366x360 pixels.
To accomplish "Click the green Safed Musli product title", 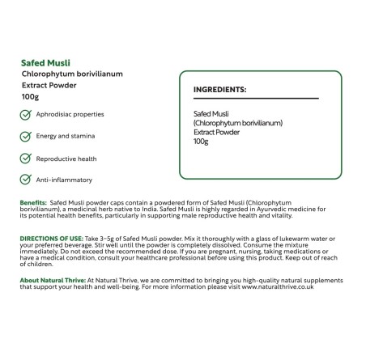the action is click(x=45, y=61).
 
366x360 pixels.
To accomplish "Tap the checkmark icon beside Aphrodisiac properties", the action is click(x=26, y=114).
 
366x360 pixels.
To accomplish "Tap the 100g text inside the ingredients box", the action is click(x=201, y=142).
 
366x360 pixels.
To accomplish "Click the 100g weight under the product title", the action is click(x=31, y=95).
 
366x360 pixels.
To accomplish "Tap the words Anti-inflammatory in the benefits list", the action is click(x=64, y=180).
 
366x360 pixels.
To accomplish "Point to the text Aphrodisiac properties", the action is click(x=70, y=114).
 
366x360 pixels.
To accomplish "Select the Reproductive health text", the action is click(x=66, y=159).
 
